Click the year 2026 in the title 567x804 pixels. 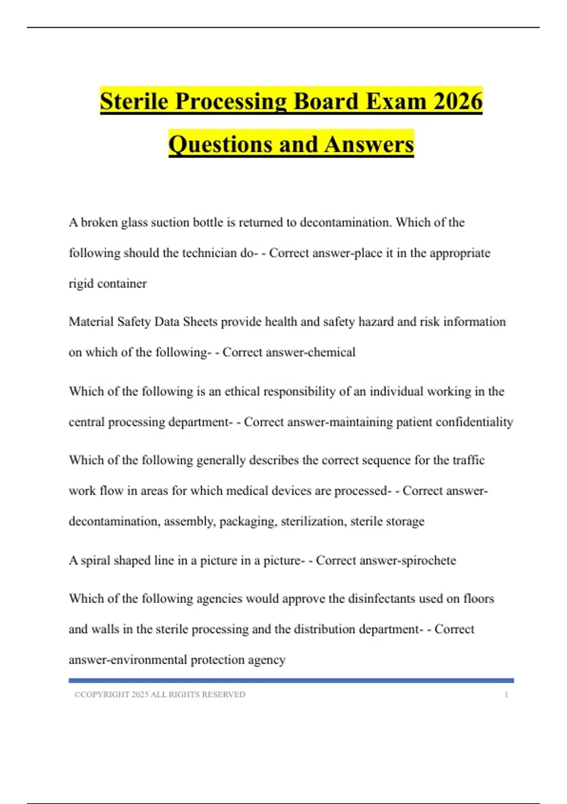(457, 101)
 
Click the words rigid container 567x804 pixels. (108, 284)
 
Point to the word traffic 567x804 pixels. (468, 460)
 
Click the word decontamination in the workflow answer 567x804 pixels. (114, 521)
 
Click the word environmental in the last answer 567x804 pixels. (146, 660)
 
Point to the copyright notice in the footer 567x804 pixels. (160, 695)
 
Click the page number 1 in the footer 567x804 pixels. (507, 695)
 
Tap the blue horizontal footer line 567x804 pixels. (291, 681)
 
